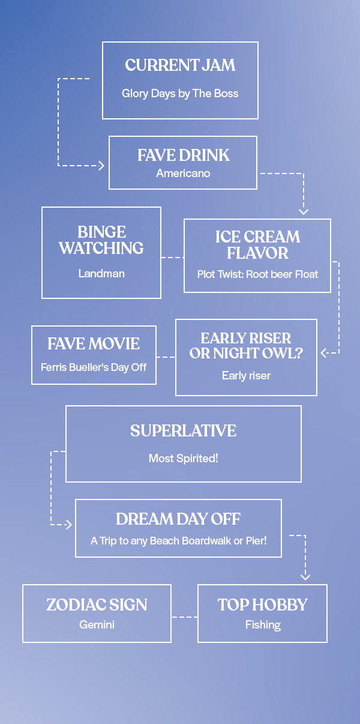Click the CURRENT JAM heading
tap(180, 65)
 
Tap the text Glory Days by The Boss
tap(180, 94)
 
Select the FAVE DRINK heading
tap(183, 155)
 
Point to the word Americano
tap(183, 173)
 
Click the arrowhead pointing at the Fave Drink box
tap(101, 166)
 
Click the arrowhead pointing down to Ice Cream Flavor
tap(304, 212)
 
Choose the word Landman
tap(101, 273)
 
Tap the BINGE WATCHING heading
tap(101, 240)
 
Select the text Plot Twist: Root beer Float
tap(257, 274)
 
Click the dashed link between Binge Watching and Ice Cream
tap(172, 258)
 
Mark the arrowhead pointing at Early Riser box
tap(323, 353)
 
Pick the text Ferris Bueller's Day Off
tap(94, 367)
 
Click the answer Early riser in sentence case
tap(246, 376)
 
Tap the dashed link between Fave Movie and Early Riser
tap(166, 357)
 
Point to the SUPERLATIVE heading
tap(183, 430)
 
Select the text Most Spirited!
tap(183, 458)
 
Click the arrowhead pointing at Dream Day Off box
tap(69, 525)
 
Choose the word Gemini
tap(97, 625)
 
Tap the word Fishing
tap(263, 625)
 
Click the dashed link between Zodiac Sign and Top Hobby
tap(185, 617)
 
